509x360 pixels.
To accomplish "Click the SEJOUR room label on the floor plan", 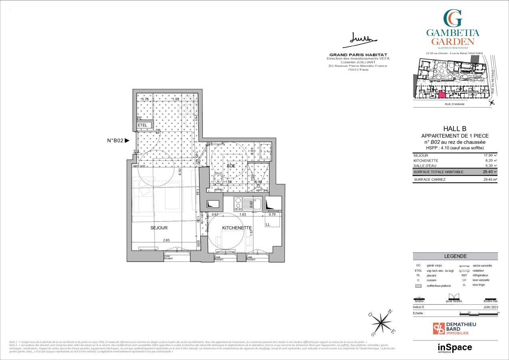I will pos(159,228).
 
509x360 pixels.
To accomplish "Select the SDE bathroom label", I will pos(231,166).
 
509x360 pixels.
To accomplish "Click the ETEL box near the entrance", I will pos(143,125).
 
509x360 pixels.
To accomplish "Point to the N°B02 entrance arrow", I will pos(127,140).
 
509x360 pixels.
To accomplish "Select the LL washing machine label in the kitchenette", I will pos(267,225).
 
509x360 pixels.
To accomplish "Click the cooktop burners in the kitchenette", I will pos(238,204).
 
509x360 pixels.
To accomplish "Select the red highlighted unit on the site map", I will pos(442,94).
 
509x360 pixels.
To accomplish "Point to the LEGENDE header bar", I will pos(455,256).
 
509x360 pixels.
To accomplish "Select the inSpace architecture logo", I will pos(455,348).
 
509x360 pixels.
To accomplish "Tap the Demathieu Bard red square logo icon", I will pos(439,328).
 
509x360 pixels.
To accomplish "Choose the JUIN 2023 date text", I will pos(491,307).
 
